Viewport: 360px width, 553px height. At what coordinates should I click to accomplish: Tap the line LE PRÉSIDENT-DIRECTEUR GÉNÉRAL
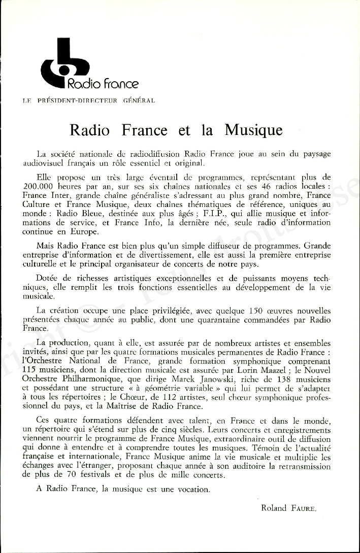tap(89, 100)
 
